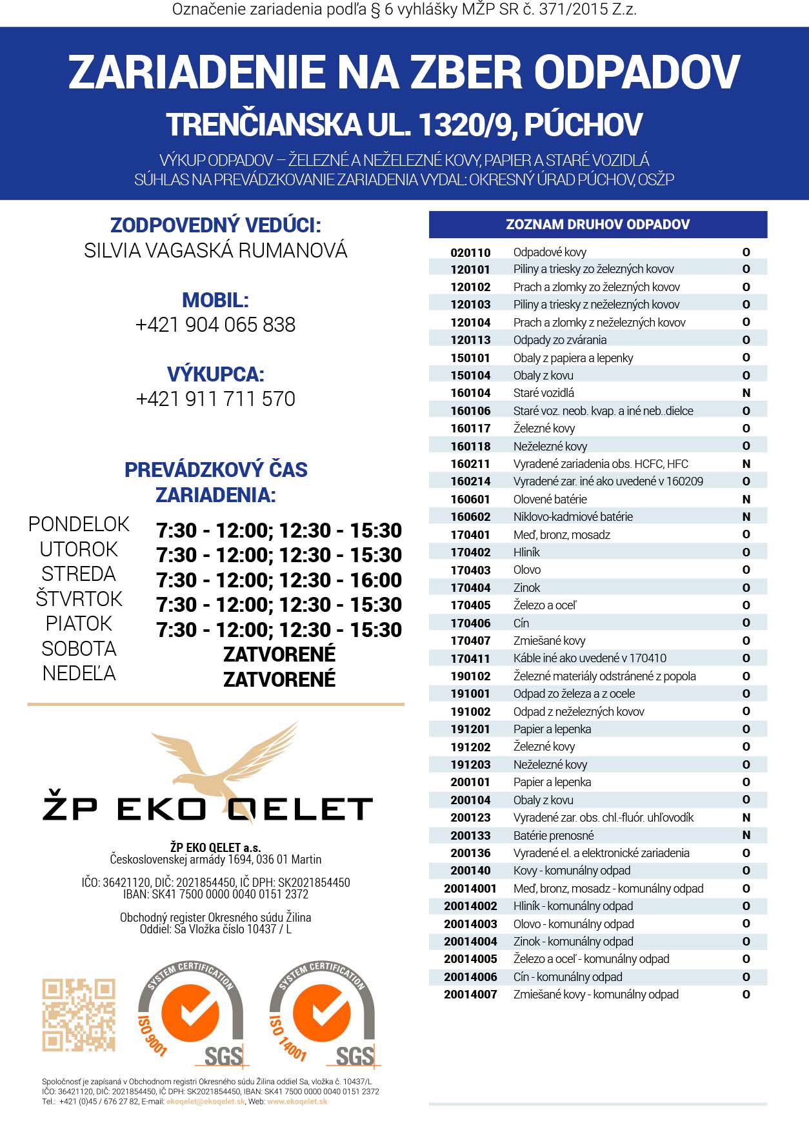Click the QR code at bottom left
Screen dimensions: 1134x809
(x=79, y=1015)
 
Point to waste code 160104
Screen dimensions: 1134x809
(x=470, y=393)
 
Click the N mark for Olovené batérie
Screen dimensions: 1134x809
(x=746, y=499)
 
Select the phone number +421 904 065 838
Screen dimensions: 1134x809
(x=215, y=325)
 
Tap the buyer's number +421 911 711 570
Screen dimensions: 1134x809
(x=215, y=399)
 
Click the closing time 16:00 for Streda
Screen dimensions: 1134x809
(x=376, y=580)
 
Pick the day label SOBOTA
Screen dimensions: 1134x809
(x=79, y=649)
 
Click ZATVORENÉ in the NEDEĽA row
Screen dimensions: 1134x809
(x=279, y=679)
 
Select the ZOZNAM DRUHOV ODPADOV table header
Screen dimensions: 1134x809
(x=597, y=225)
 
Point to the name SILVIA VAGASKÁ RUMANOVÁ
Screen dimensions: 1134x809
(x=215, y=250)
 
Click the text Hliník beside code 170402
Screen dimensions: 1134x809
(x=526, y=552)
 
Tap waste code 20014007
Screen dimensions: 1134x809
(x=470, y=995)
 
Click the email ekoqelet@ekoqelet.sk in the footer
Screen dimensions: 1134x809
(x=206, y=1102)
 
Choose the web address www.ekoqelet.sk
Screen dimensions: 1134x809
(x=297, y=1102)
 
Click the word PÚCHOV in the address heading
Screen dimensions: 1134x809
(x=583, y=125)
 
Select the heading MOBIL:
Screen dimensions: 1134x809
(x=215, y=300)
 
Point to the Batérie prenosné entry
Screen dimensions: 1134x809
(x=554, y=835)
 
